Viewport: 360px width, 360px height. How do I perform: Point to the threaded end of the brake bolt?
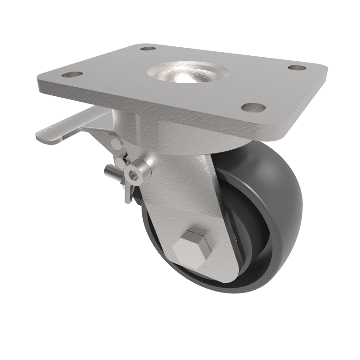click(111, 171)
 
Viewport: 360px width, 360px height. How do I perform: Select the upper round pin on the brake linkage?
click(116, 144)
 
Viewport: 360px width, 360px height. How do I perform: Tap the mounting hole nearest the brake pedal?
click(72, 74)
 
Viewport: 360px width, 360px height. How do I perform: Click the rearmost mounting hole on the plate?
click(148, 48)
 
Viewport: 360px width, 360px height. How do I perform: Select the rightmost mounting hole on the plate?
click(297, 68)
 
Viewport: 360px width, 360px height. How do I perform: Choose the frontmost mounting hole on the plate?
click(253, 107)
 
